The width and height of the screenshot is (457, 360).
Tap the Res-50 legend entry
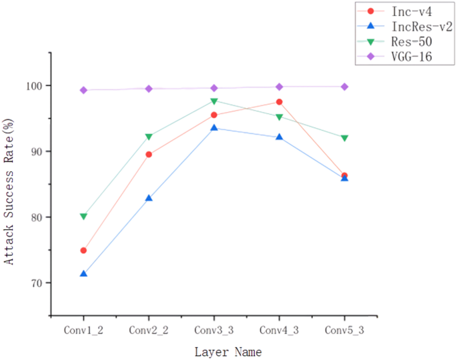pos(408,42)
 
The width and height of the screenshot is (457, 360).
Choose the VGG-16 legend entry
pos(408,57)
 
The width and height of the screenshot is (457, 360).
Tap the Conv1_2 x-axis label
pos(83,330)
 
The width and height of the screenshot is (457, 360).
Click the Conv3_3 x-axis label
pos(213,330)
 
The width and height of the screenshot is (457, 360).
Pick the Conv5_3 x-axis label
pos(344,330)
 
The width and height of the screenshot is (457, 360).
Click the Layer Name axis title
pos(228,351)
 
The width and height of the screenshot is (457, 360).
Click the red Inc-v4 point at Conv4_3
pos(279,102)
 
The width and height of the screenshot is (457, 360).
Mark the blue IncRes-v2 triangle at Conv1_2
pos(83,274)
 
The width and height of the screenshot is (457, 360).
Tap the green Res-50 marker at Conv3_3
pos(213,101)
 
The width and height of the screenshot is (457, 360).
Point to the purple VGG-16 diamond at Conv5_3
pos(344,87)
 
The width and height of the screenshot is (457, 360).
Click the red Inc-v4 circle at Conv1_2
pos(83,251)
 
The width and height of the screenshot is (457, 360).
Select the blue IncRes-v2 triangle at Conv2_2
pos(149,198)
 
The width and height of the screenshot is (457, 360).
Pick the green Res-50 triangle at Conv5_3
pos(344,138)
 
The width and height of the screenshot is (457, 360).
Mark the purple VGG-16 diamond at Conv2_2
pos(149,89)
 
